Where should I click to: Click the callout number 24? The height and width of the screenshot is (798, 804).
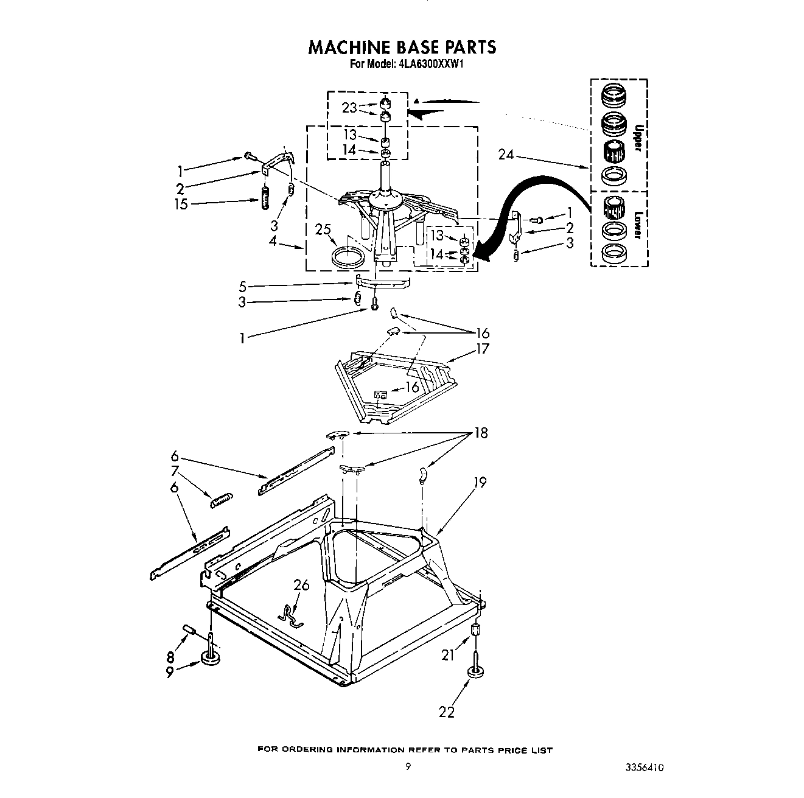coord(506,155)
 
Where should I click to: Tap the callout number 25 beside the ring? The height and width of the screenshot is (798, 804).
coord(323,229)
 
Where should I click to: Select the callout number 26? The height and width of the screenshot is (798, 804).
coord(301,586)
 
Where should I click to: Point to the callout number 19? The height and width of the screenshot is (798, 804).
coord(480,483)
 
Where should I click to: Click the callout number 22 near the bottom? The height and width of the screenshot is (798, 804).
coord(447,712)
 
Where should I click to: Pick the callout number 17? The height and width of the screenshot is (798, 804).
coord(483,349)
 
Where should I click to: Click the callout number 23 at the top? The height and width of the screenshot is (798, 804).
coord(349,108)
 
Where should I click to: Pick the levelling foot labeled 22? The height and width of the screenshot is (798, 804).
coord(474,671)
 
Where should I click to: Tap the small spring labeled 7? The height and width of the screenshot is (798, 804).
coord(221,500)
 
